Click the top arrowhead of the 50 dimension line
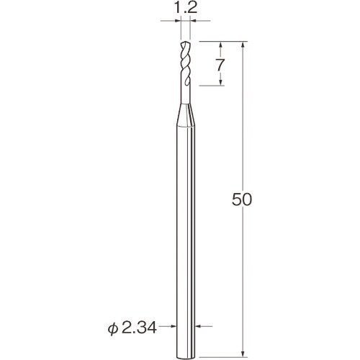tap(246, 43)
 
